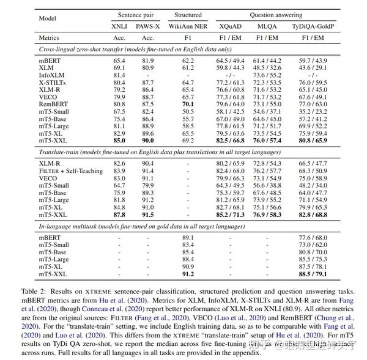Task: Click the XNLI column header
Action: coord(119,26)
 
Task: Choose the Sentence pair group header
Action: coord(134,13)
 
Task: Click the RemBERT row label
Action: coord(52,104)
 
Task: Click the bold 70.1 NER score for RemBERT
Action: coord(188,104)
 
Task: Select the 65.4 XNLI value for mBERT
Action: coord(119,61)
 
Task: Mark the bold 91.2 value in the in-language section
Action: coord(188,274)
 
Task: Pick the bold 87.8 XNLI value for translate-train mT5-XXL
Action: coord(119,215)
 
